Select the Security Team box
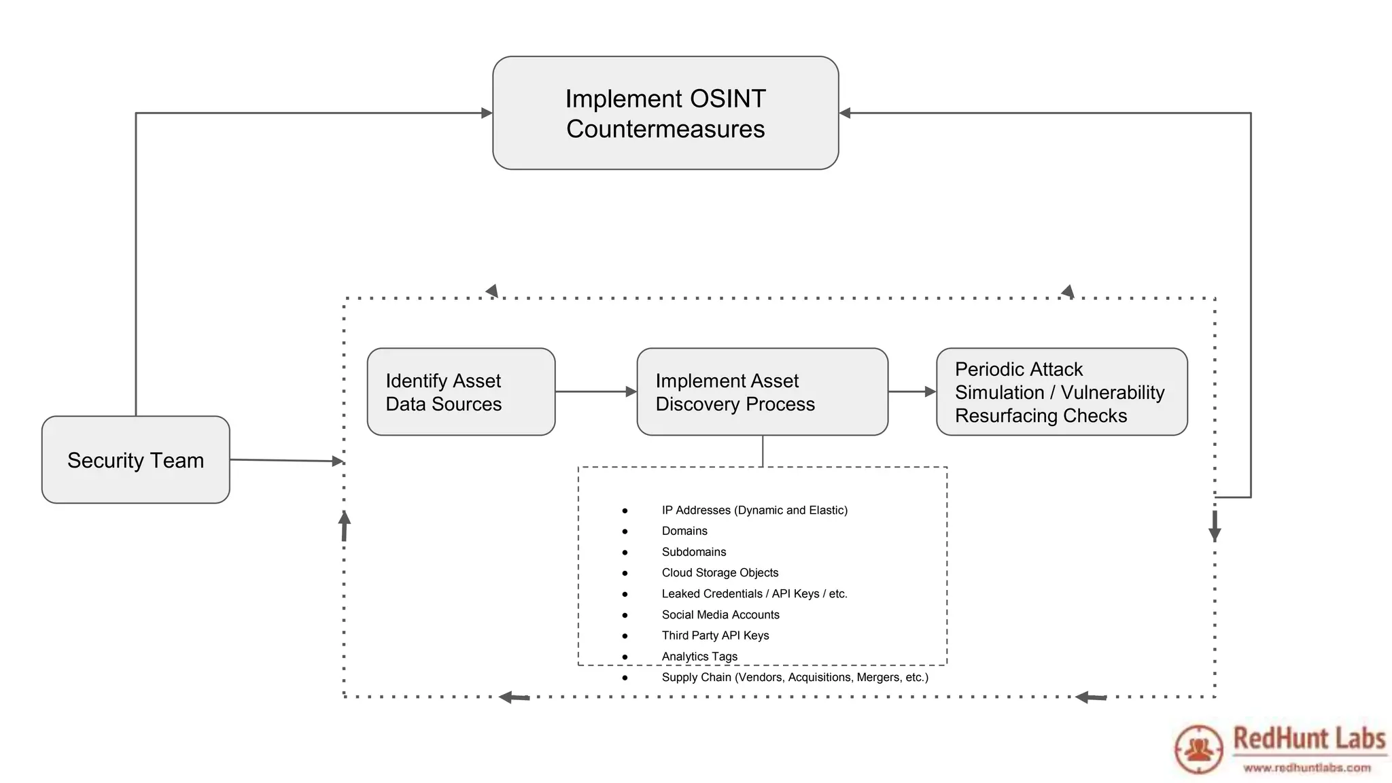point(135,460)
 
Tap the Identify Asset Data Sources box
point(461,392)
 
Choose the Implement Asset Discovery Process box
point(762,392)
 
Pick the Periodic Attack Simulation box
point(1061,392)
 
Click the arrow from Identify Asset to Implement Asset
point(595,391)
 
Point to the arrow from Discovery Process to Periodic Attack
point(911,391)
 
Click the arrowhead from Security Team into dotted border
point(337,461)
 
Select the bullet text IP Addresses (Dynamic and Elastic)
point(754,510)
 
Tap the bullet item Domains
point(684,531)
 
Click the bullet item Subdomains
point(694,552)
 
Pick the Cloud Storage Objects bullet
point(720,573)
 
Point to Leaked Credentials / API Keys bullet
point(754,594)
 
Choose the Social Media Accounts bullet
point(720,614)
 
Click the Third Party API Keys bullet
point(715,636)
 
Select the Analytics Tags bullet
point(699,657)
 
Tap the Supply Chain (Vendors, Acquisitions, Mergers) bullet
point(795,677)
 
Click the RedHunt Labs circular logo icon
point(1199,749)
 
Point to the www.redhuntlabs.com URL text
point(1307,768)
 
